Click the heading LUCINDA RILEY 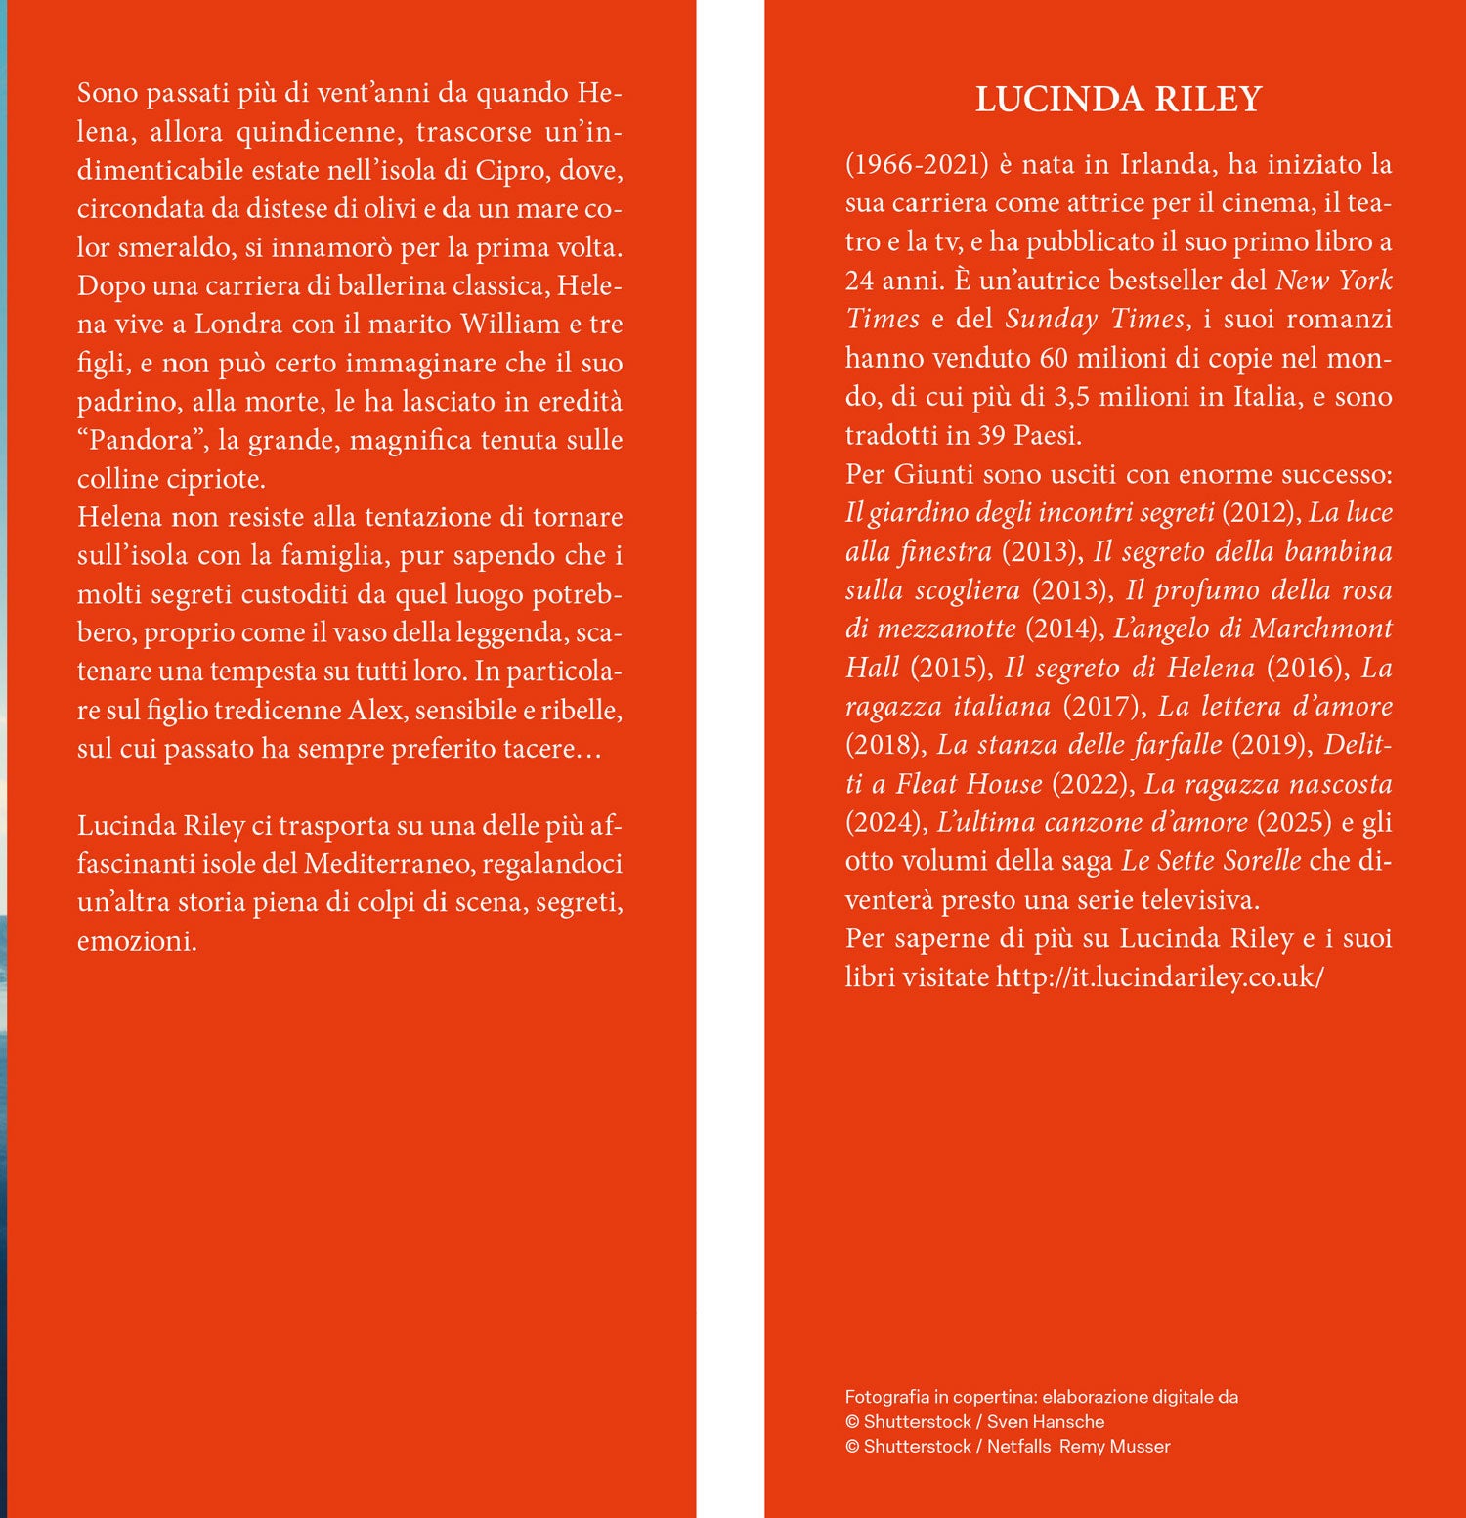tap(1118, 100)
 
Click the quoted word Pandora tap(141, 440)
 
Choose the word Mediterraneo tap(388, 864)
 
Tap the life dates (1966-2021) tap(917, 164)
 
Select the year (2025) tap(1294, 822)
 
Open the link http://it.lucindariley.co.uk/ tap(1159, 977)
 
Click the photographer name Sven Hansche tap(1046, 1422)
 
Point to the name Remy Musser tap(1114, 1447)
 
